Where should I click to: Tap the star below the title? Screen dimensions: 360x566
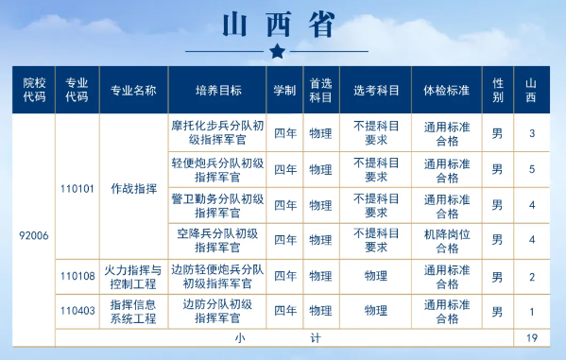click(x=276, y=50)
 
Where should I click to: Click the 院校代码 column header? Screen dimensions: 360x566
click(x=34, y=90)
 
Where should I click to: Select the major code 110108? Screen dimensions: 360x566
click(x=77, y=276)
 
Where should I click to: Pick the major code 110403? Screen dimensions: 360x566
click(x=77, y=310)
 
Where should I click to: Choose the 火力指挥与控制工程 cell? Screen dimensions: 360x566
click(x=132, y=276)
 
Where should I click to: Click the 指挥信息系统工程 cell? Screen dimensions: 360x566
click(x=132, y=310)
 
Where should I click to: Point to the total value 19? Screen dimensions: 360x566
click(x=532, y=337)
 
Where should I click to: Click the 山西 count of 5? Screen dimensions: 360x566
click(x=532, y=169)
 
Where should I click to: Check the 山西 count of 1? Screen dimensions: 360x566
click(x=532, y=311)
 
